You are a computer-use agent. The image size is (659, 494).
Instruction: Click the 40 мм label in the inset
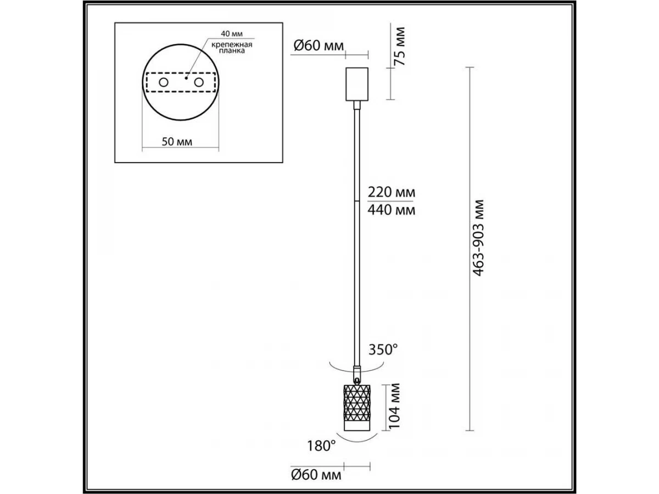[x=232, y=33]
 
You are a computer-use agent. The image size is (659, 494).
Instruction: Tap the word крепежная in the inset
[x=232, y=44]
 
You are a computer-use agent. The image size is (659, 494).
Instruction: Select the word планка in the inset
[x=232, y=51]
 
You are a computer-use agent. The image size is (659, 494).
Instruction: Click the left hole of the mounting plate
[x=164, y=82]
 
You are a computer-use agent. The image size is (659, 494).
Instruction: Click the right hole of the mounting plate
[x=199, y=82]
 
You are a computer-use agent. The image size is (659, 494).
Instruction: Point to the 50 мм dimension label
[x=177, y=142]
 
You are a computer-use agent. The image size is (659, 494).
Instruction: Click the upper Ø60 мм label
[x=319, y=46]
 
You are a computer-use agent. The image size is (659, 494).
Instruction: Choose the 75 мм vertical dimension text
[x=400, y=46]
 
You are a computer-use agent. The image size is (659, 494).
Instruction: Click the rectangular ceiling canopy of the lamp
[x=357, y=84]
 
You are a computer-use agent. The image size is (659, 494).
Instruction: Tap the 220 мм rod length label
[x=392, y=192]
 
